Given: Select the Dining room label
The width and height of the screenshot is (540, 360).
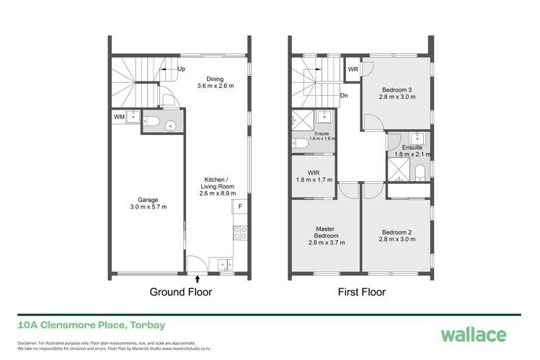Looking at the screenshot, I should click(x=215, y=82).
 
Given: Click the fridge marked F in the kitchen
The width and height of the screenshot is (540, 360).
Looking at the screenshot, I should click(x=239, y=207).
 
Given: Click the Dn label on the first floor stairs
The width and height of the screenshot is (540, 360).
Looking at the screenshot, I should click(x=345, y=95).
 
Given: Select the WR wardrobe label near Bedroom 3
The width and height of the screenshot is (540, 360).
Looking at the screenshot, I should click(x=353, y=69).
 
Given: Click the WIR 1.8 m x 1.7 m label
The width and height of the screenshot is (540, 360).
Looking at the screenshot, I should click(x=314, y=175).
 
